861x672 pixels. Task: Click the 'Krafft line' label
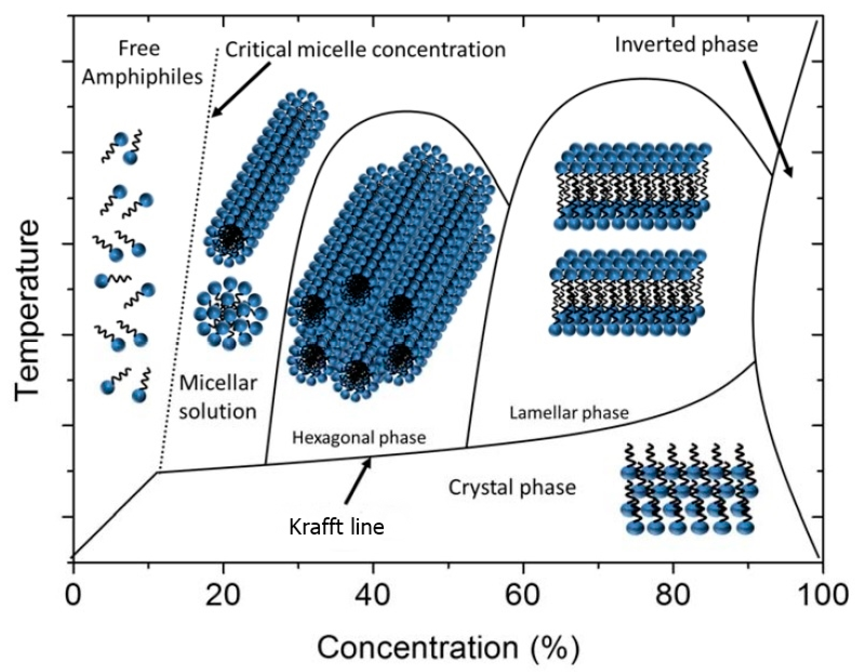click(x=336, y=526)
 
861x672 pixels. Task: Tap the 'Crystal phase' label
click(x=512, y=487)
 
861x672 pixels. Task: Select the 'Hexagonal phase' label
click(x=359, y=438)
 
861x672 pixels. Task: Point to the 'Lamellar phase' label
click(x=569, y=413)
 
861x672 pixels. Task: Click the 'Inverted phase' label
click(x=686, y=45)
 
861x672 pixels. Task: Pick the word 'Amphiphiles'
click(x=142, y=77)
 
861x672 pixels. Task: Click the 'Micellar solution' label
click(x=218, y=397)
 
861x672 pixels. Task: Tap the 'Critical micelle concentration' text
click(x=365, y=50)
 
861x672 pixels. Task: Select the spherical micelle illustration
click(x=230, y=313)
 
